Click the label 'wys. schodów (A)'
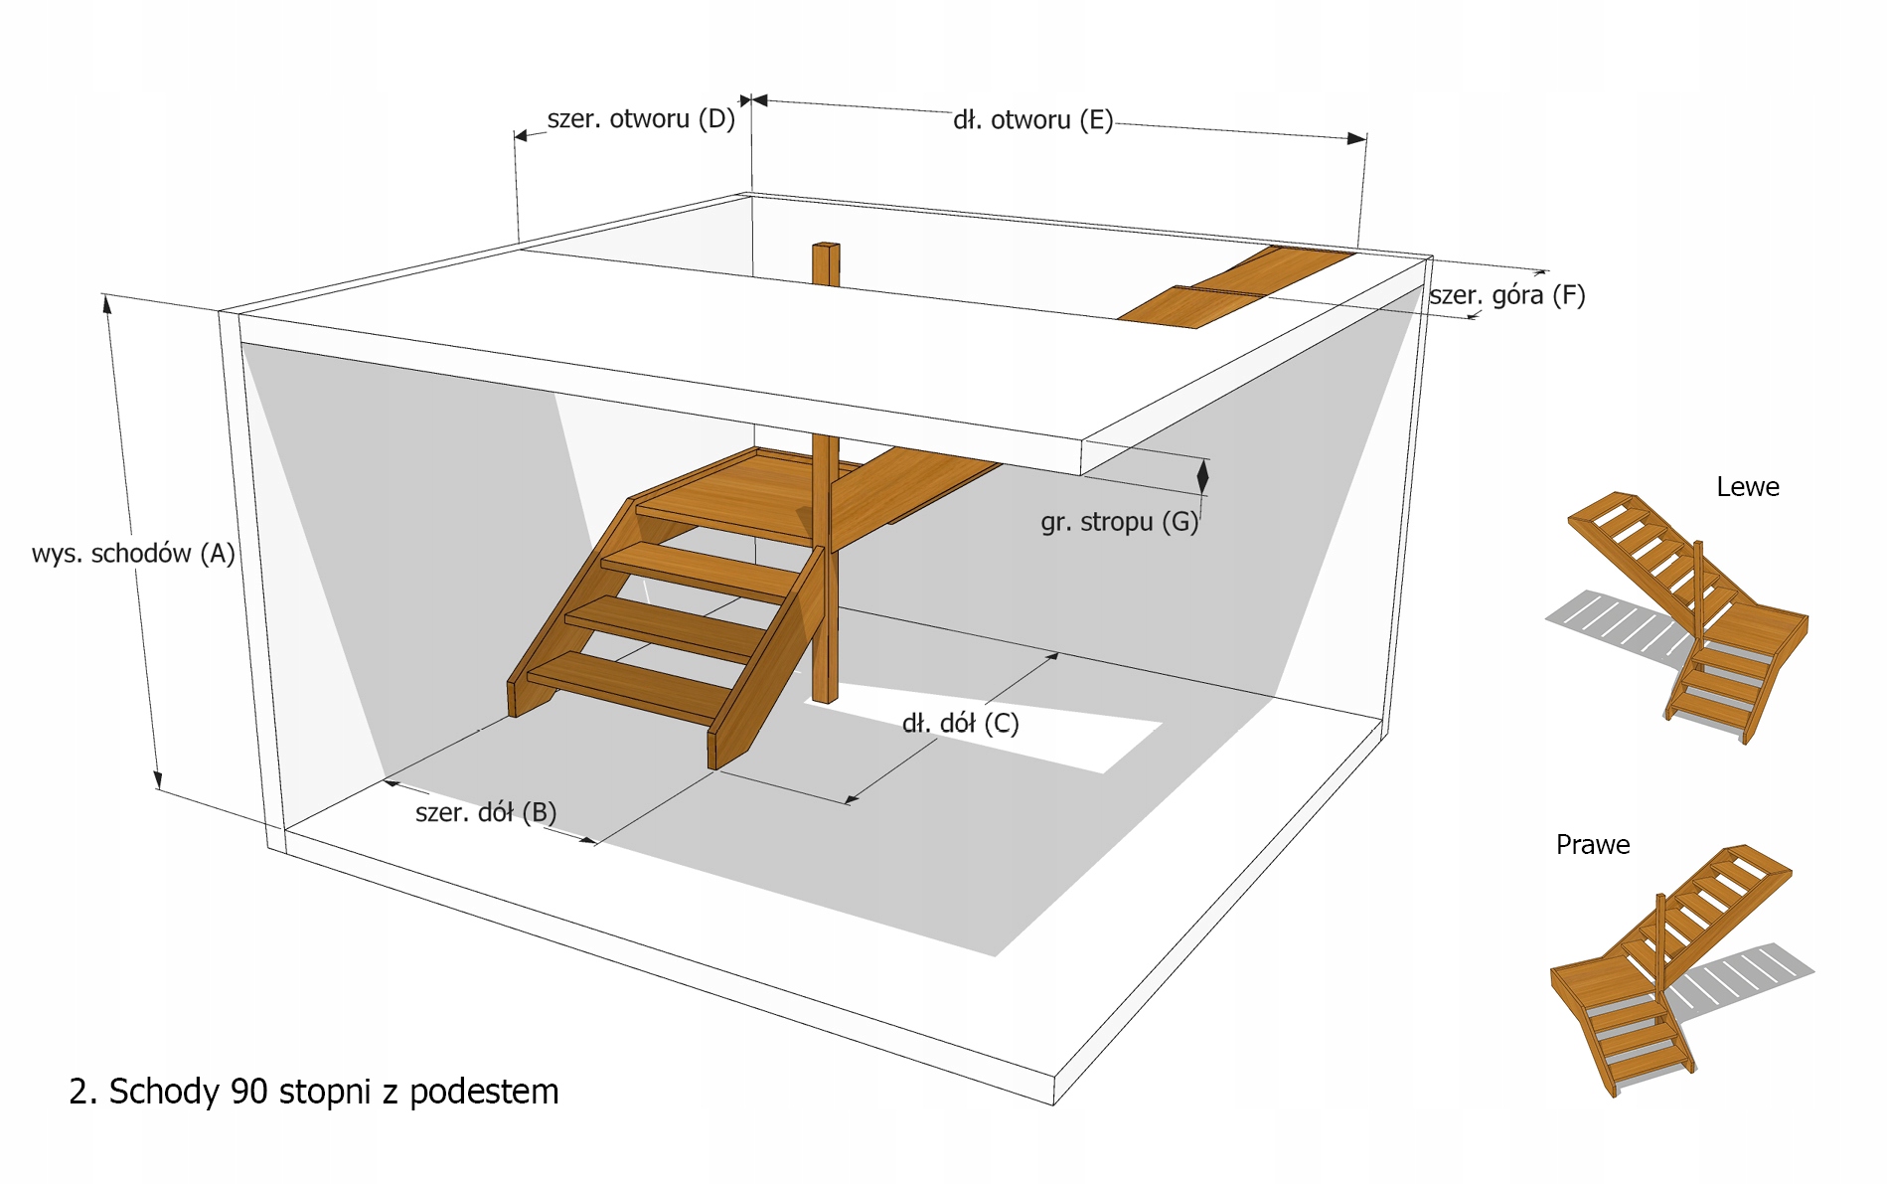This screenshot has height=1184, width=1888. pos(133,554)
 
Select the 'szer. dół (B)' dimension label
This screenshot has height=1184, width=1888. pos(486,812)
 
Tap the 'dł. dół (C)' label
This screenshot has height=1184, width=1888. pos(960,723)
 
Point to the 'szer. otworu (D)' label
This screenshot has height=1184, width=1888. pos(641,119)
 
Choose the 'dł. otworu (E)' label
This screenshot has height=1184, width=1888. pos(1032,120)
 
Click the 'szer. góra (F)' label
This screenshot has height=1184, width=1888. pos(1506,295)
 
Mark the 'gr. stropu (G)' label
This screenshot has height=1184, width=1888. pos(1119,522)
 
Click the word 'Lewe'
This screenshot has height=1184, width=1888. pos(1747,487)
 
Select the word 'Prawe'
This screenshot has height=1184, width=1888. pos(1592,845)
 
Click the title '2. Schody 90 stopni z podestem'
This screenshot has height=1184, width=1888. pos(314,1092)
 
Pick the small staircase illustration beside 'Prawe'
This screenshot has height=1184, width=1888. pos(1669,964)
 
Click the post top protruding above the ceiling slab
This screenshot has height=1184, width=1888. pos(826,263)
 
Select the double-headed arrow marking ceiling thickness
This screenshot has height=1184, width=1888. pos(1202,477)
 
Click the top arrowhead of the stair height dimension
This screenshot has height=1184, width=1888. pos(107,303)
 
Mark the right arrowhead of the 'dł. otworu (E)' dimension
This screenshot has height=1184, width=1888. pos(1356,138)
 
